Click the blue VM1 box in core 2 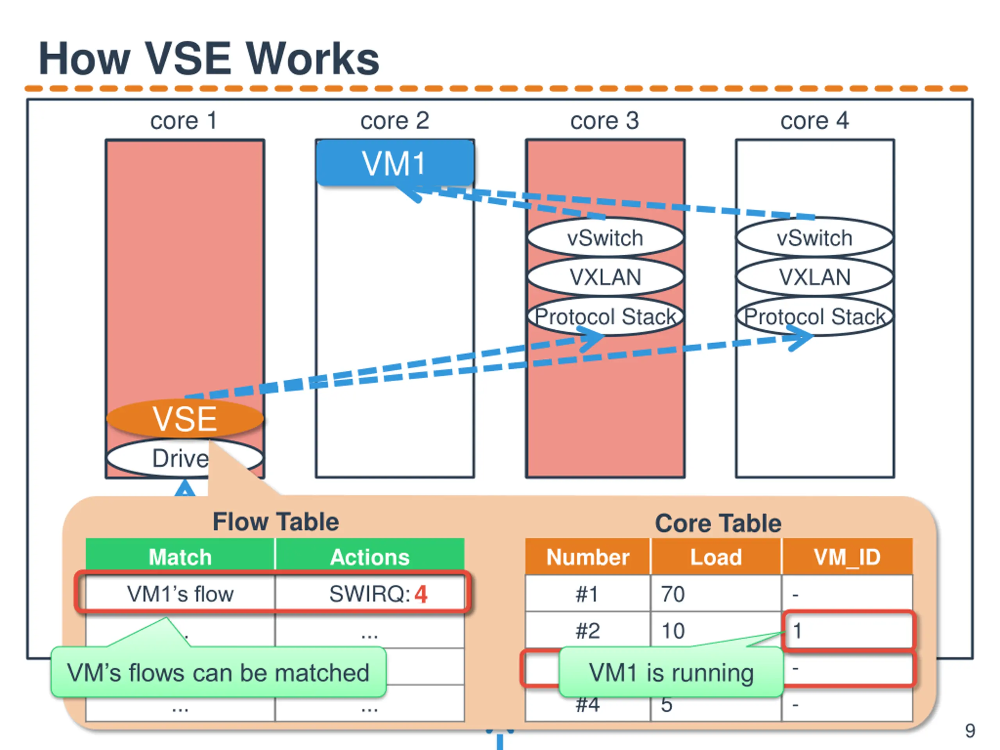click(395, 163)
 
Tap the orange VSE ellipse click(185, 419)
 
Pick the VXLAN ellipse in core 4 click(814, 277)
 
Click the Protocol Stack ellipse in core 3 click(605, 316)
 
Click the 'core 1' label click(184, 121)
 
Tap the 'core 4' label click(814, 121)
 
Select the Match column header click(180, 557)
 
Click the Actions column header click(370, 557)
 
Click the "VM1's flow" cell click(180, 594)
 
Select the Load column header click(716, 557)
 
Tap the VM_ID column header click(847, 557)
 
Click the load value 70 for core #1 click(673, 594)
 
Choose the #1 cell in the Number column click(587, 594)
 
